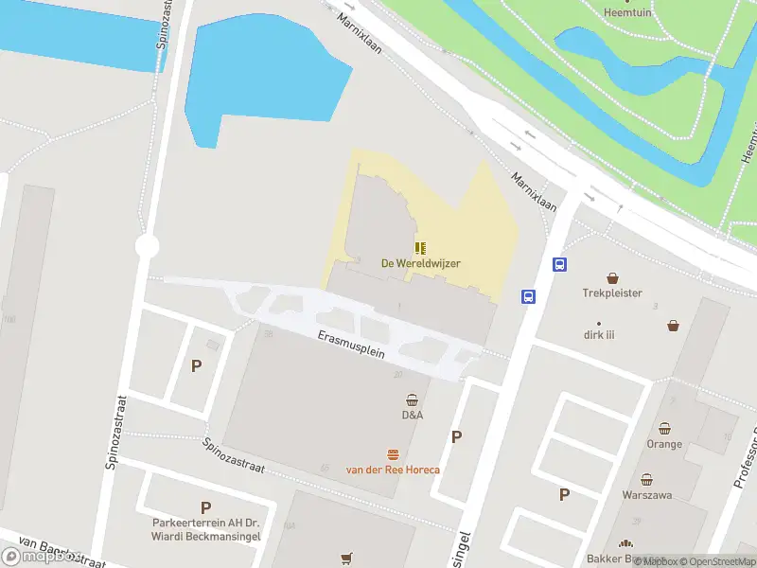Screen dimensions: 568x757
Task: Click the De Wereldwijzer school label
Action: (421, 263)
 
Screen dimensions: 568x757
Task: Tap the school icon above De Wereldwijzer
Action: (420, 248)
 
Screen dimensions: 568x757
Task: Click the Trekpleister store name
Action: (612, 293)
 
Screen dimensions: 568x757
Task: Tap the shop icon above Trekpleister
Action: (612, 278)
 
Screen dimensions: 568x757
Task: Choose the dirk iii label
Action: (598, 334)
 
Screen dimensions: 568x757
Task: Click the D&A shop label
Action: (412, 415)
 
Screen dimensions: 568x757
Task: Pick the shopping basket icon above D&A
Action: (412, 399)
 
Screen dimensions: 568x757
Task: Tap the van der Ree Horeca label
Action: (393, 470)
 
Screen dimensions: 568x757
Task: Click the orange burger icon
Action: (393, 454)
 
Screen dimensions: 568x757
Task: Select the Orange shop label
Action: (664, 444)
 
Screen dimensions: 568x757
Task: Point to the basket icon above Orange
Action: (664, 429)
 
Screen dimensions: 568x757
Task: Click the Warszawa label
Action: (647, 495)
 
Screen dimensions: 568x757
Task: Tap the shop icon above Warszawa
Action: (647, 480)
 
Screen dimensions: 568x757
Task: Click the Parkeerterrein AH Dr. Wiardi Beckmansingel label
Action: (205, 530)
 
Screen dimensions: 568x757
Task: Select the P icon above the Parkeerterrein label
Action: (205, 508)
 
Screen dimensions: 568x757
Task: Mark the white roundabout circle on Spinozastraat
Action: (147, 246)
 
